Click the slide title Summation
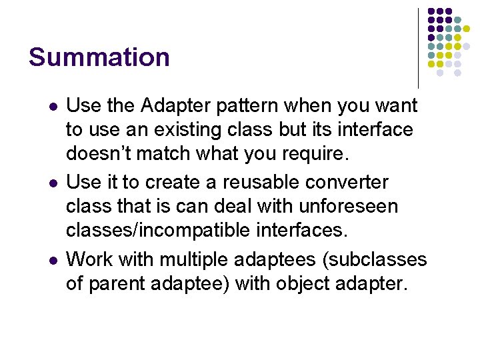[99, 57]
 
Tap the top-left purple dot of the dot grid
[431, 12]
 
